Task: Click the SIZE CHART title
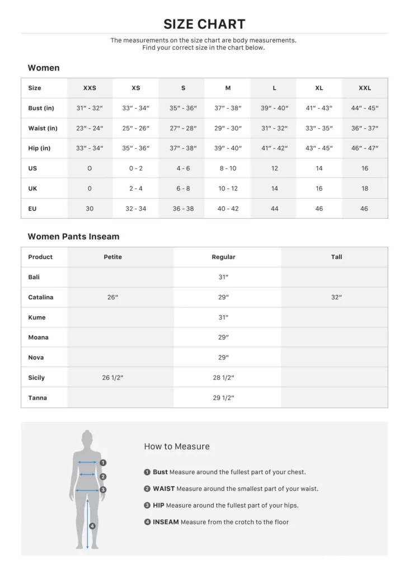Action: click(204, 24)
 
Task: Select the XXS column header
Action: click(90, 88)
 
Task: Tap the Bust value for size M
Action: click(228, 108)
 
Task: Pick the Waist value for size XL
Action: click(319, 128)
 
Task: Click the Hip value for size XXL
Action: click(365, 148)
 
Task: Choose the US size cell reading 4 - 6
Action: click(183, 168)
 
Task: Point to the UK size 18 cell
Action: click(365, 189)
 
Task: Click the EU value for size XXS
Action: click(90, 209)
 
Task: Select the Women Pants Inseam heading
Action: click(73, 237)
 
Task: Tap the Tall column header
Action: click(336, 257)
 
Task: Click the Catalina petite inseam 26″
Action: click(112, 297)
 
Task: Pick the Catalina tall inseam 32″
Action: click(336, 297)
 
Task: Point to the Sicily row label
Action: click(36, 378)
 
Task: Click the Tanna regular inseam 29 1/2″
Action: click(223, 398)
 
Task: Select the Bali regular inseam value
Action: click(223, 277)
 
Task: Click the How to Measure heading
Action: click(177, 447)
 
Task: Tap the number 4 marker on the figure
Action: click(92, 525)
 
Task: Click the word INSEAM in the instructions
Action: click(166, 522)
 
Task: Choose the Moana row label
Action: click(38, 337)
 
